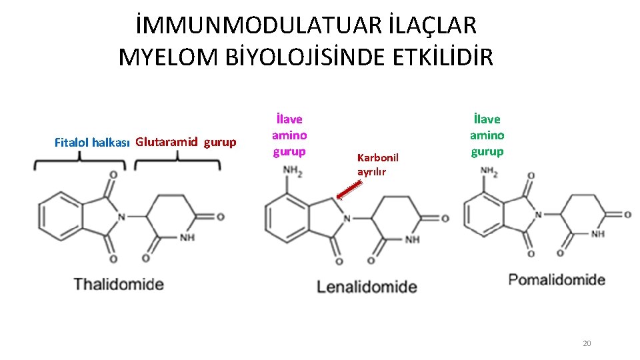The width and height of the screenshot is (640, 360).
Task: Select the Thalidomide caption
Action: (x=119, y=284)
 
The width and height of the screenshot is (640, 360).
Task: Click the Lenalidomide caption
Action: (x=367, y=287)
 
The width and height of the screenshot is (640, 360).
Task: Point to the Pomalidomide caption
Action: (x=557, y=279)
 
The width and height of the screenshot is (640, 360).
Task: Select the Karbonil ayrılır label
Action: (x=377, y=164)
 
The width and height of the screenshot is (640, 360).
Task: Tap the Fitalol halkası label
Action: (x=91, y=142)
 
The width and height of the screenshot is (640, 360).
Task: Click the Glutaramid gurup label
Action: (x=185, y=141)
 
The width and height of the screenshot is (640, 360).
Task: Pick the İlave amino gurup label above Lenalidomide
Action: (x=290, y=135)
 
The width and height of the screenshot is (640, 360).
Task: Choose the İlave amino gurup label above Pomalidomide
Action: (x=487, y=135)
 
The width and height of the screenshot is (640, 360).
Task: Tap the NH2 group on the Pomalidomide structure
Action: (x=490, y=171)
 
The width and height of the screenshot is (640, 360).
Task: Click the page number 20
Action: (x=587, y=343)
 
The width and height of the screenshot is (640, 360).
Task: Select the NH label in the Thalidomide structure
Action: (x=187, y=239)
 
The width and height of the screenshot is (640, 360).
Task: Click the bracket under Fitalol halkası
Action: (x=81, y=159)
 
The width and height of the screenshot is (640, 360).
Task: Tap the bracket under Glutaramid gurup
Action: (x=177, y=159)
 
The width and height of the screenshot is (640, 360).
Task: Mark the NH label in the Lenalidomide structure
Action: (x=412, y=240)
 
